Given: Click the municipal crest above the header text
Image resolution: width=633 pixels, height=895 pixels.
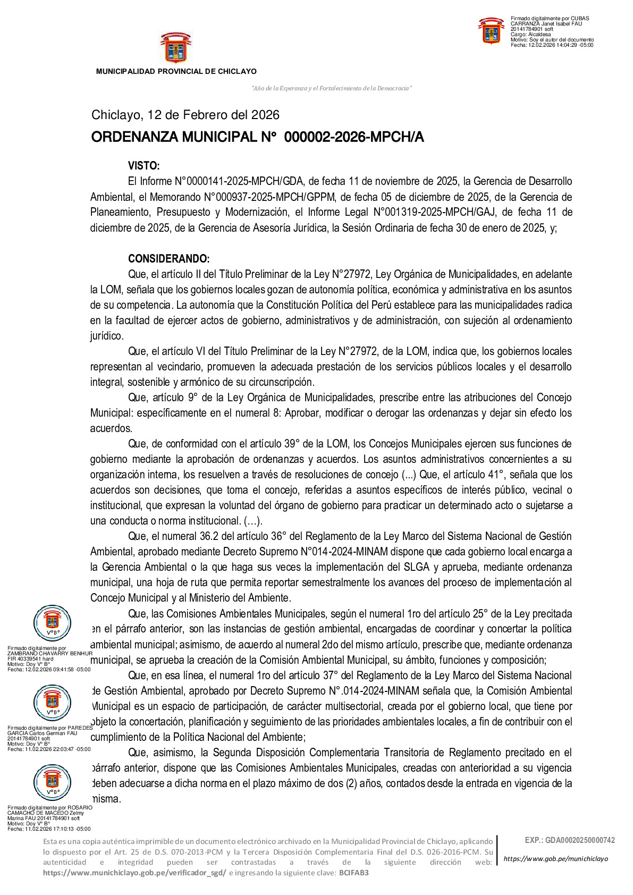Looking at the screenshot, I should click(175, 48).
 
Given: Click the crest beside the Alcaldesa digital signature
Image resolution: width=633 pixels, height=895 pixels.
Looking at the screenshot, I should click(491, 31).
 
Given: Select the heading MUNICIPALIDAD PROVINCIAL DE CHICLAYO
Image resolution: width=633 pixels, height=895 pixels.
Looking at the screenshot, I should click(176, 71).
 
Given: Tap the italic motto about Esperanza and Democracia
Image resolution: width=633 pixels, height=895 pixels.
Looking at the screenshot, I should click(331, 88).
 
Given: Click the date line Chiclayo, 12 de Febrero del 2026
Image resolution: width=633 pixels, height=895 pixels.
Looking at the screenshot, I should click(185, 115).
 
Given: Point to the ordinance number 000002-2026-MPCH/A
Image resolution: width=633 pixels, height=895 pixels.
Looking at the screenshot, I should click(354, 137).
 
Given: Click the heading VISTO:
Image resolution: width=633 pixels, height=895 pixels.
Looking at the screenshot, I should click(144, 166).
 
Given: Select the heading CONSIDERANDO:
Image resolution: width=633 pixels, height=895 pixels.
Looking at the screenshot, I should click(168, 259).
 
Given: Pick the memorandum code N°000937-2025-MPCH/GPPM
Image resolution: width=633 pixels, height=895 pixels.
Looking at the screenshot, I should click(269, 197).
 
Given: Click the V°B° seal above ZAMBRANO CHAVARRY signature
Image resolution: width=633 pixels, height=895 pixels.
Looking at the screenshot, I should click(52, 622).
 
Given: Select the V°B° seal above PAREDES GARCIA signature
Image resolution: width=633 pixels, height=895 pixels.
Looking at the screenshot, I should click(52, 702).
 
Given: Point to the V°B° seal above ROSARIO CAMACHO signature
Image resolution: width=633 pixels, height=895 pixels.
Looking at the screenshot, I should click(52, 782).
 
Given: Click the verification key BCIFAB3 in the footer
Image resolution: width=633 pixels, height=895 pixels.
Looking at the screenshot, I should click(354, 873).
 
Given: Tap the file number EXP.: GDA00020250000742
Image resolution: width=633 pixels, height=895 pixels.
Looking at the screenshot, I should click(570, 840).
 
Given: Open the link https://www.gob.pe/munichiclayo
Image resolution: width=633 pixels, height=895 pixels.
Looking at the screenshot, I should click(555, 858).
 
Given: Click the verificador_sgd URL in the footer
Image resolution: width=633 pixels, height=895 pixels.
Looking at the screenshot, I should click(134, 873).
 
